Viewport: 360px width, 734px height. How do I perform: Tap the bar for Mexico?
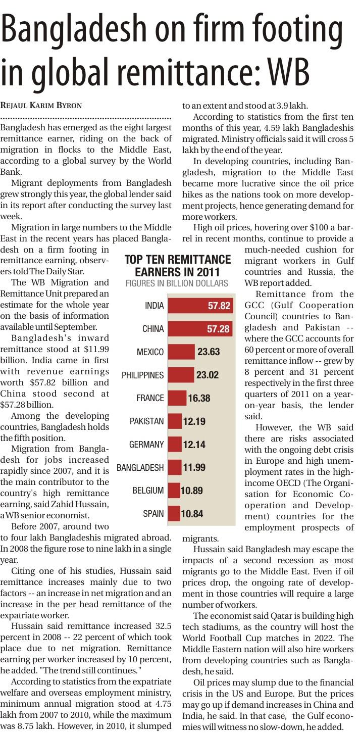pyautogui.click(x=181, y=352)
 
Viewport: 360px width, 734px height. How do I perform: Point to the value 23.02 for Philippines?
pyautogui.click(x=208, y=375)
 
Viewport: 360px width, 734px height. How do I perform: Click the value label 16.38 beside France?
pyautogui.click(x=199, y=398)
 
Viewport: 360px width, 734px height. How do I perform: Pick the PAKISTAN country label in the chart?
pyautogui.click(x=147, y=421)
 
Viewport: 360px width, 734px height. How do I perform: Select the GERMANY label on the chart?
pyautogui.click(x=146, y=445)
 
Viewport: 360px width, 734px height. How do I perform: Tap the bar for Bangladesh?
pyautogui.click(x=175, y=467)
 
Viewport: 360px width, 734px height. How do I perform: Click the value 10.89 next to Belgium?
pyautogui.click(x=192, y=491)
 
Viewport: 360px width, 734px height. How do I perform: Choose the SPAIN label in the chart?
pyautogui.click(x=153, y=514)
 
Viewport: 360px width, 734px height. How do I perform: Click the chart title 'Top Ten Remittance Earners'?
pyautogui.click(x=178, y=266)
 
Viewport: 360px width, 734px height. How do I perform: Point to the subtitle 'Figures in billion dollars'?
pyautogui.click(x=177, y=283)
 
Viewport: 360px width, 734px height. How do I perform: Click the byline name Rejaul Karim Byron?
pyautogui.click(x=41, y=105)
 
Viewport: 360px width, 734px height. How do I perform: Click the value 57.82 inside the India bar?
pyautogui.click(x=219, y=306)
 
